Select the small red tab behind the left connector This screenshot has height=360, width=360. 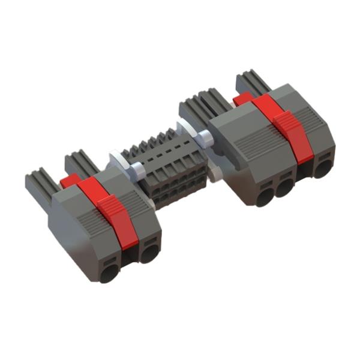click(70, 180)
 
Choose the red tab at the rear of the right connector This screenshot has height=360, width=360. click(243, 98)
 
